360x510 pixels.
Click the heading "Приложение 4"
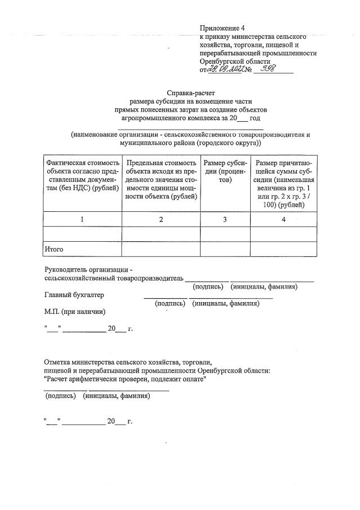tap(223, 28)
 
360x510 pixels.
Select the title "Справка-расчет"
tap(191, 92)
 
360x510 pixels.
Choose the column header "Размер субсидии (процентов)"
tap(225, 171)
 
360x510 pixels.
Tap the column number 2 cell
tap(161, 219)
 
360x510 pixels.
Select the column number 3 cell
tap(225, 219)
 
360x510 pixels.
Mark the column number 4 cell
tap(283, 219)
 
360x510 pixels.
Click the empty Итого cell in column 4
tap(283, 249)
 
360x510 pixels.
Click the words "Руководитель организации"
tap(91, 269)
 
